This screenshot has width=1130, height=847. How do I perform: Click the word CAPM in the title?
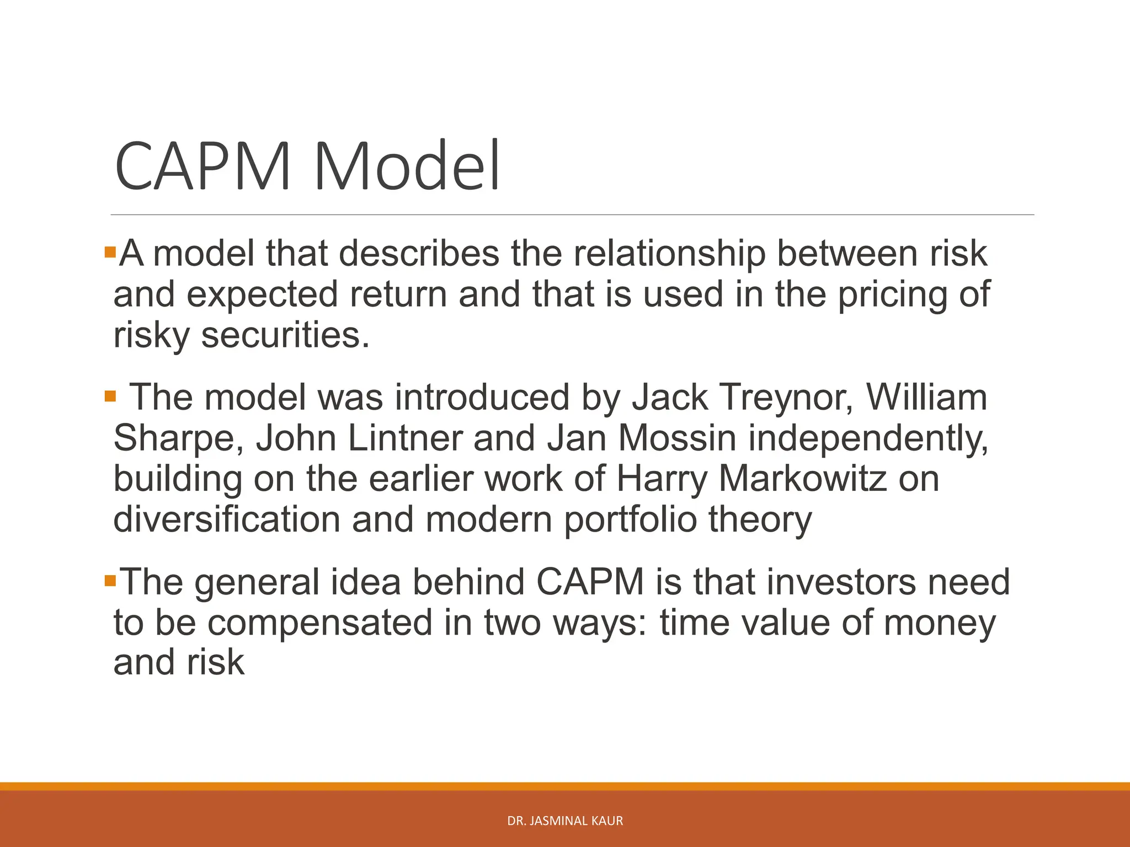(x=203, y=166)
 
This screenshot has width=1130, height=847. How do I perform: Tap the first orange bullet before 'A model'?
(x=110, y=254)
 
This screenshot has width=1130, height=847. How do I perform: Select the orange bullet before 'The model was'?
(x=110, y=396)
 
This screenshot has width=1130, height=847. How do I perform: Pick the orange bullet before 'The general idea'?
(x=110, y=581)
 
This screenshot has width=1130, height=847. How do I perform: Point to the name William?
(x=926, y=398)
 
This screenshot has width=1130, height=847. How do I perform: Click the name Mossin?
(x=677, y=438)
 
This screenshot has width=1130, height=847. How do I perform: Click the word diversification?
(x=227, y=519)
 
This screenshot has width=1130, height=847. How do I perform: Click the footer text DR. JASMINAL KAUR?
(x=565, y=821)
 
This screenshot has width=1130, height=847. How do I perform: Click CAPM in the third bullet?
(x=590, y=582)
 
